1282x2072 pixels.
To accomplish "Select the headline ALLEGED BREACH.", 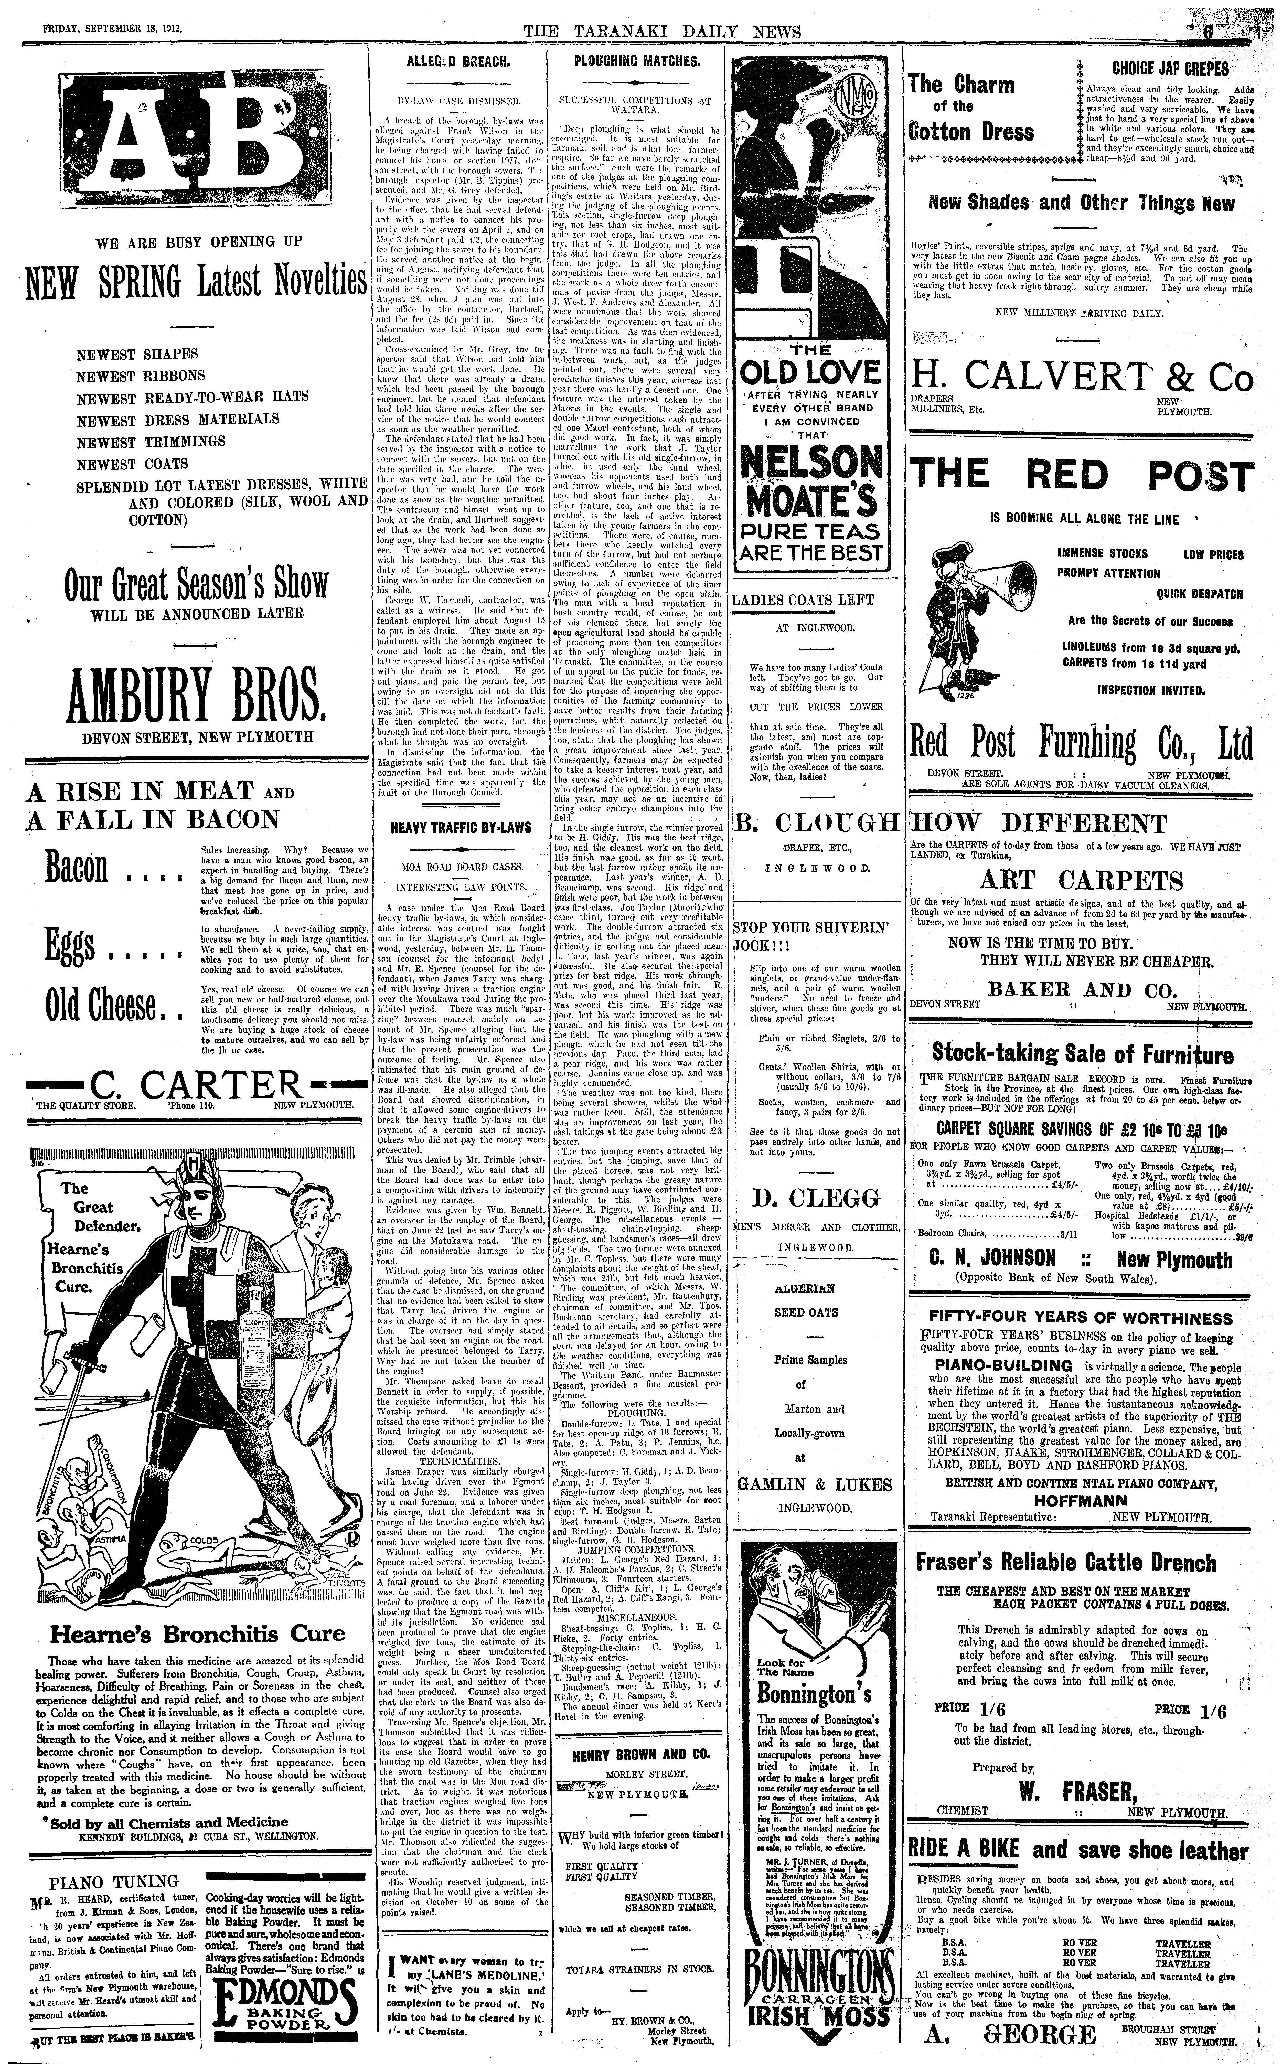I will point(458,62).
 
